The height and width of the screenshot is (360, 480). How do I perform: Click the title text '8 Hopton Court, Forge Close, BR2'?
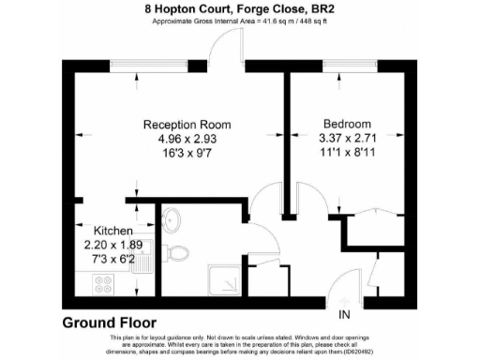point(240,8)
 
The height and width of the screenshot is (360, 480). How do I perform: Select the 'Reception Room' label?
point(187,125)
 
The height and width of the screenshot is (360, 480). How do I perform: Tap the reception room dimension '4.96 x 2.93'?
point(187,140)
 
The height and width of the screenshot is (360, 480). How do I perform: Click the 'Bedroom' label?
point(347,125)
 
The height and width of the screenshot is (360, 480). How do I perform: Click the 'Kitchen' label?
point(112,231)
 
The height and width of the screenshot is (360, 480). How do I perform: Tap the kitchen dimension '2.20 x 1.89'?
point(112,245)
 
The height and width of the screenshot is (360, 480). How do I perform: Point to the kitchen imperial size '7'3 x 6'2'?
point(112,259)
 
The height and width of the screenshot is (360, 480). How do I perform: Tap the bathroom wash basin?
point(172,221)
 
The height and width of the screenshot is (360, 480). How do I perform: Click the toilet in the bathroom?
point(178,250)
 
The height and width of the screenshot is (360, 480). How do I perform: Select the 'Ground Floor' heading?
point(109,322)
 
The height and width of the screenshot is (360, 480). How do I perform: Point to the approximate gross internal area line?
point(240,22)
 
